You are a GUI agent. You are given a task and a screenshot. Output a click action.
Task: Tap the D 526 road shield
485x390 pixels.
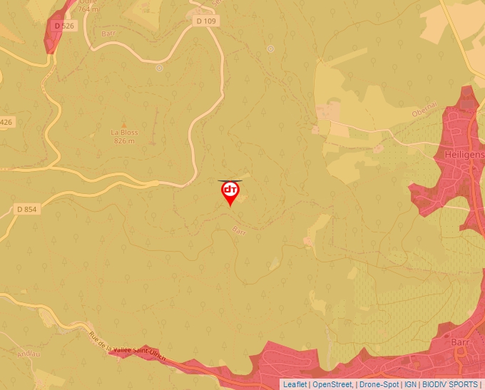pos(63,26)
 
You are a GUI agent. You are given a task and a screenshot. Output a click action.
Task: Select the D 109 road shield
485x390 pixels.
pos(205,21)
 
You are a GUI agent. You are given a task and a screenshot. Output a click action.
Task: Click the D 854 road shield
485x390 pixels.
pos(26,210)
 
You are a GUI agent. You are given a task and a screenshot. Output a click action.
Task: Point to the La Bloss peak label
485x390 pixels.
pos(124,133)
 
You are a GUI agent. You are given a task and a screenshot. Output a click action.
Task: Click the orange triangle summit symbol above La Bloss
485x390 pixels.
pos(124,123)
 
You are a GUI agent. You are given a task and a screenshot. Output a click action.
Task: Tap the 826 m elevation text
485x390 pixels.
pos(124,141)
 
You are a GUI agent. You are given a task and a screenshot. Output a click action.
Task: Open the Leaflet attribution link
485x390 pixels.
pos(295,384)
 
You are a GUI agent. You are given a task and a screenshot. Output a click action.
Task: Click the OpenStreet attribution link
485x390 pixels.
pos(332,384)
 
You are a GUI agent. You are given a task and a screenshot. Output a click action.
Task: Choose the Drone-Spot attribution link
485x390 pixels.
pos(379,384)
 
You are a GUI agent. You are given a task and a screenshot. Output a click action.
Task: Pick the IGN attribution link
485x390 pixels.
pos(410,384)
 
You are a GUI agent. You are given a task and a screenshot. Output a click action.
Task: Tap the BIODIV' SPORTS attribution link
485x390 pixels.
pos(450,384)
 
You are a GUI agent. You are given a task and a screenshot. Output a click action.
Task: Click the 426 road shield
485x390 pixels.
pos(6,122)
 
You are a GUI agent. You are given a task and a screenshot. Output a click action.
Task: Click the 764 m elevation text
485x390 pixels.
pos(68,9)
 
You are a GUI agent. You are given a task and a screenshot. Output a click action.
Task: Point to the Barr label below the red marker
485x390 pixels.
pos(238,230)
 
